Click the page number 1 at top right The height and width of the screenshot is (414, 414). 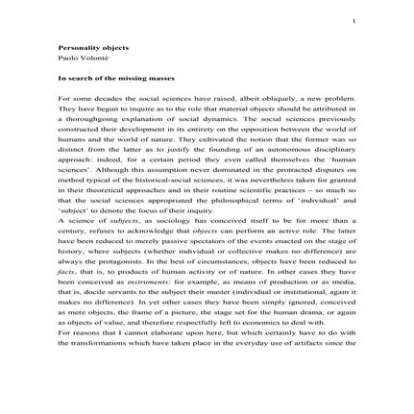point(353,20)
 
